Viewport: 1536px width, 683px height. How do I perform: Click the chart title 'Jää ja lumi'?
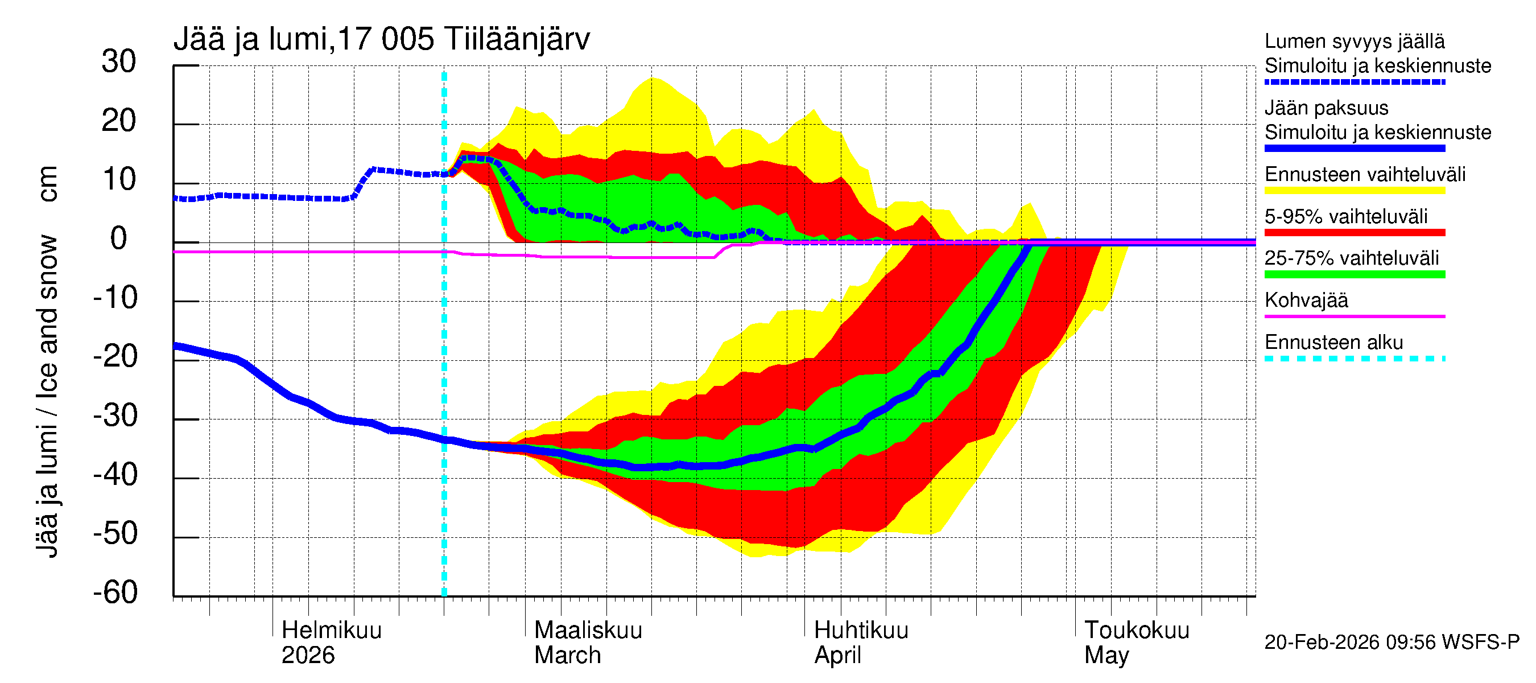click(x=250, y=39)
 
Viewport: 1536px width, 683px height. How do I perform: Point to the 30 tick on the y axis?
click(x=119, y=62)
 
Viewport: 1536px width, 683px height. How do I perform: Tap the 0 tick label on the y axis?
click(x=119, y=239)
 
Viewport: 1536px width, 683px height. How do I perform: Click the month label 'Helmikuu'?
click(x=332, y=631)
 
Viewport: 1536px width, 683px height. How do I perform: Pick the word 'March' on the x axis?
click(x=567, y=656)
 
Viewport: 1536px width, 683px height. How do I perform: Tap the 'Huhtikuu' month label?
click(x=861, y=631)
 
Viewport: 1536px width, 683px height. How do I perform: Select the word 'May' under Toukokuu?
click(x=1106, y=656)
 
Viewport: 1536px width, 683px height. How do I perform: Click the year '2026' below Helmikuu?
click(x=308, y=656)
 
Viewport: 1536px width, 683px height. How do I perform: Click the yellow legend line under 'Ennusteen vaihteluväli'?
click(x=1354, y=191)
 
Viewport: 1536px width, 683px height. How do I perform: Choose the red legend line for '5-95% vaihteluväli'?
click(x=1354, y=233)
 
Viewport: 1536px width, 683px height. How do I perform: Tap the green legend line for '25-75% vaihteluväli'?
click(x=1354, y=274)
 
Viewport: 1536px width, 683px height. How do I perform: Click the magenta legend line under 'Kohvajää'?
click(x=1354, y=316)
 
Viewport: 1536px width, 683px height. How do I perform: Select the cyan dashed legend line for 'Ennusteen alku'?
click(x=1354, y=359)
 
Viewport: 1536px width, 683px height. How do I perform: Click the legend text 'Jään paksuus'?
click(x=1326, y=109)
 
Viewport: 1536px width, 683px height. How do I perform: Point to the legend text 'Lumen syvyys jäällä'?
click(x=1354, y=42)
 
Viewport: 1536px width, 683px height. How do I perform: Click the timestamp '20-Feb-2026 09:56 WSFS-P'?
click(x=1392, y=643)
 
